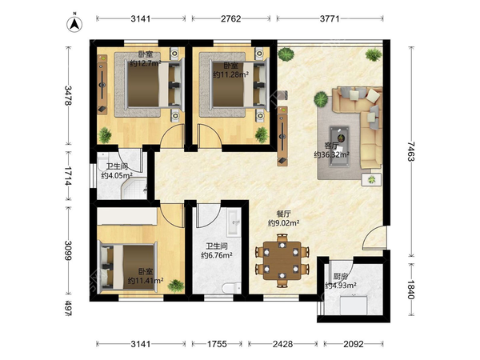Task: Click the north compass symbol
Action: [x=74, y=24]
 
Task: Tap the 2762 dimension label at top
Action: [x=231, y=18]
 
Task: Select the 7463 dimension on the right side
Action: [x=411, y=151]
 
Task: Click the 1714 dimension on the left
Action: [x=68, y=176]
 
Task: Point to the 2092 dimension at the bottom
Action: [x=354, y=344]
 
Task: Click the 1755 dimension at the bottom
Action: [x=217, y=344]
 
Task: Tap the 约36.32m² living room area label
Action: [x=332, y=154]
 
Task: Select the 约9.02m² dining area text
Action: [x=283, y=223]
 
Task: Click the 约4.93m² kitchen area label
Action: [x=341, y=286]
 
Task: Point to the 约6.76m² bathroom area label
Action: [x=217, y=255]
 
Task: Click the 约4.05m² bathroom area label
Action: [x=117, y=176]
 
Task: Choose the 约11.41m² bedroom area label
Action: [x=146, y=280]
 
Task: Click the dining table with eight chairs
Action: [x=282, y=261]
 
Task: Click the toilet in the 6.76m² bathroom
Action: [x=231, y=288]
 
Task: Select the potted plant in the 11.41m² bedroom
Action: [x=176, y=286]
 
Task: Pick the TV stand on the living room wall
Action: [x=282, y=136]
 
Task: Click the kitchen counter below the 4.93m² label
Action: [x=354, y=305]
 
